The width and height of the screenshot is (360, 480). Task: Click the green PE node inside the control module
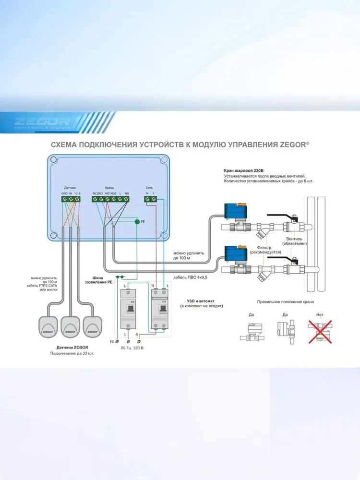point(137,222)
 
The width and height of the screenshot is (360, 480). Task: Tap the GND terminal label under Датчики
point(64,193)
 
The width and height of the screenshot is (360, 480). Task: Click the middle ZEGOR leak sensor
point(71,326)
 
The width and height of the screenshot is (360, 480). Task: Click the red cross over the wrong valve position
point(320,331)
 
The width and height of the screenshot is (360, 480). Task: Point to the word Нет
point(320,315)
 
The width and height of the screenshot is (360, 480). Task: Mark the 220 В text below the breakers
point(139,347)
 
